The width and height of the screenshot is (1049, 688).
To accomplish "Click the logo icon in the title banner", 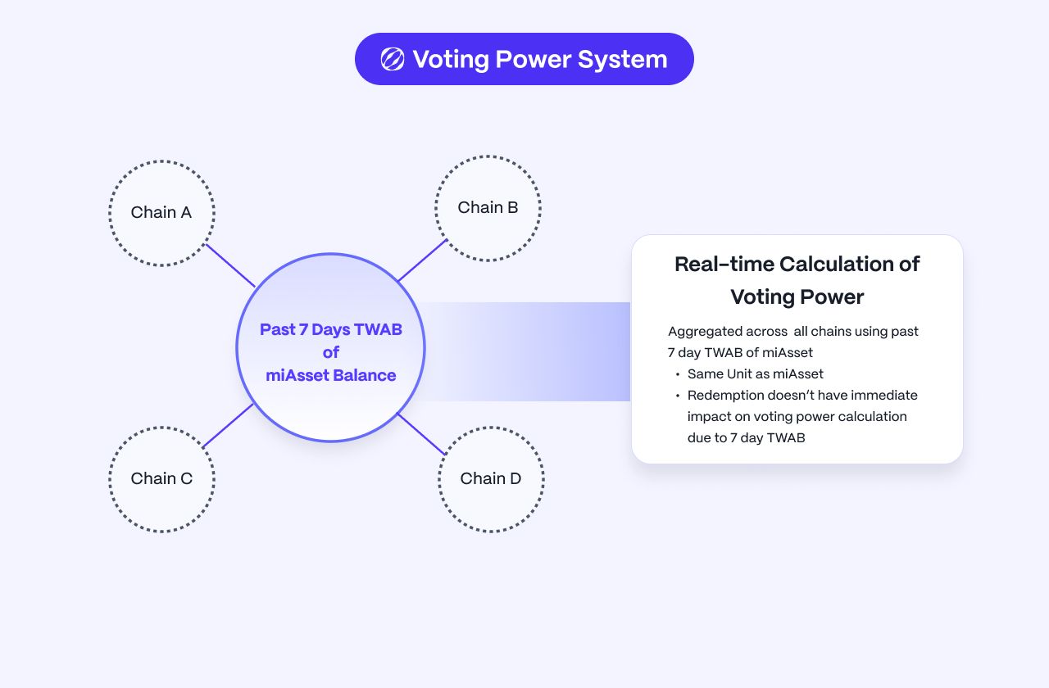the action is pyautogui.click(x=393, y=60).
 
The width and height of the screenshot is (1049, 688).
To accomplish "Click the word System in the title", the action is pyautogui.click(x=622, y=60).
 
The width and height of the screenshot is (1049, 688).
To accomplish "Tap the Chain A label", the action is pyautogui.click(x=161, y=212).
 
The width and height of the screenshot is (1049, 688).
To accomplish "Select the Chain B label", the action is pyautogui.click(x=488, y=207).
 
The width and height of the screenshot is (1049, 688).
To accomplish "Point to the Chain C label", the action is pyautogui.click(x=161, y=478).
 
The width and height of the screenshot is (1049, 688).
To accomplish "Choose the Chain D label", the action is pyautogui.click(x=491, y=478).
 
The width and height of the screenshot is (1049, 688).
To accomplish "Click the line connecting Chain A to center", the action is pyautogui.click(x=230, y=265).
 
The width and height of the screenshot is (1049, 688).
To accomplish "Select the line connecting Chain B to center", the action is pyautogui.click(x=422, y=260).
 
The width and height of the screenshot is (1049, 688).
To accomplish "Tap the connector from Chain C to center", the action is pyautogui.click(x=228, y=425).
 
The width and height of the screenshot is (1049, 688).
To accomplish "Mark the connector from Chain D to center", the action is pyautogui.click(x=421, y=434).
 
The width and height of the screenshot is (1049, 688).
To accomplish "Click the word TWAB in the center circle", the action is pyautogui.click(x=378, y=329).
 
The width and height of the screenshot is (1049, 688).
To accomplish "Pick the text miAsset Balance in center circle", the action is pyautogui.click(x=330, y=375).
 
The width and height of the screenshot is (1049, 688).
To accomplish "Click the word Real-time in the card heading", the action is pyautogui.click(x=724, y=264).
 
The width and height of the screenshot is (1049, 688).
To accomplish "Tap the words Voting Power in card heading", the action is pyautogui.click(x=797, y=297).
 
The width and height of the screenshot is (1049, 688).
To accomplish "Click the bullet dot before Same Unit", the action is pyautogui.click(x=678, y=374).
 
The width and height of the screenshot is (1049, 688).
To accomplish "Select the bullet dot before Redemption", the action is pyautogui.click(x=678, y=396).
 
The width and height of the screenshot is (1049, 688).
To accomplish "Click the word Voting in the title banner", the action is pyautogui.click(x=451, y=60).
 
